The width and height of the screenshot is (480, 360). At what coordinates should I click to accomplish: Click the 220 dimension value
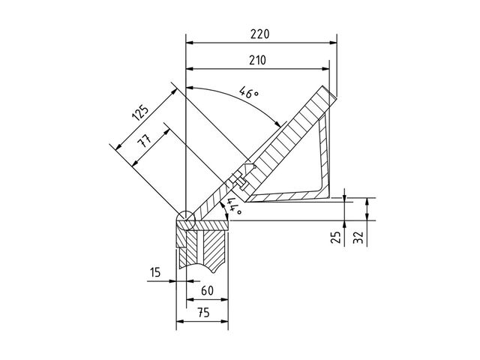260,34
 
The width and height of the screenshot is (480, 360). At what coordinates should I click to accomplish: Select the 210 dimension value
257,60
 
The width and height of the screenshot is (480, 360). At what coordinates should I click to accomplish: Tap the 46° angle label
248,92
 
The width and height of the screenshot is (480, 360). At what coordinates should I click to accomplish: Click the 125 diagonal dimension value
140,112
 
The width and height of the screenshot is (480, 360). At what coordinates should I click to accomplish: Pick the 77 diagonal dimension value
145,141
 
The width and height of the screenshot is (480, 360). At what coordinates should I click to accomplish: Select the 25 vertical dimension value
336,237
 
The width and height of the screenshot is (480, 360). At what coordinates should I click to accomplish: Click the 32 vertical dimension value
358,237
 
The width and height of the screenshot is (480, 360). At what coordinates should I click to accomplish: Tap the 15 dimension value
155,271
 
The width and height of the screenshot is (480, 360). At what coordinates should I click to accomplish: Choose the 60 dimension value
207,290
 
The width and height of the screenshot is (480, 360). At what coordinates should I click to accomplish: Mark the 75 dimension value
203,313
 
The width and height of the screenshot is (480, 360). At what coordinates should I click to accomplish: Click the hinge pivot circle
186,220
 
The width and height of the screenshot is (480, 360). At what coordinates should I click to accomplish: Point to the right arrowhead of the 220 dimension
333,43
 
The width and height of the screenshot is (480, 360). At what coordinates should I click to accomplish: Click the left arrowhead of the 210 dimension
190,69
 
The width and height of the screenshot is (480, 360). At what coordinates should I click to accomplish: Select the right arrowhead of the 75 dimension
224,322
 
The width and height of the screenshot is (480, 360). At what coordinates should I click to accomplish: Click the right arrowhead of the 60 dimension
224,299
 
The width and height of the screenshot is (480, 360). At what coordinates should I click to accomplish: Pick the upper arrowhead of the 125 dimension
174,91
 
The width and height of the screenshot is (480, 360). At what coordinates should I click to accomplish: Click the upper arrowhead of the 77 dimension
166,132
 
